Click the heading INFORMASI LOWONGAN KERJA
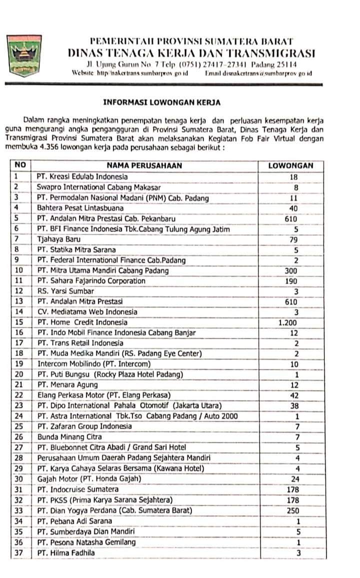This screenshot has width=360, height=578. pyautogui.click(x=161, y=102)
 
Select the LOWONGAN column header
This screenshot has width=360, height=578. pyautogui.click(x=290, y=165)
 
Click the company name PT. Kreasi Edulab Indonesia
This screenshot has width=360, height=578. pyautogui.click(x=82, y=176)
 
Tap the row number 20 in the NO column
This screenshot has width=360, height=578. pyautogui.click(x=19, y=374)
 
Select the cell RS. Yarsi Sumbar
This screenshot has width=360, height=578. pyautogui.click(x=62, y=291)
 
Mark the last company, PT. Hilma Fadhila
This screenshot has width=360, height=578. pyautogui.click(x=65, y=552)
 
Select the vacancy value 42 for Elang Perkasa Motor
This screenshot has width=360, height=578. pyautogui.click(x=294, y=395)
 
